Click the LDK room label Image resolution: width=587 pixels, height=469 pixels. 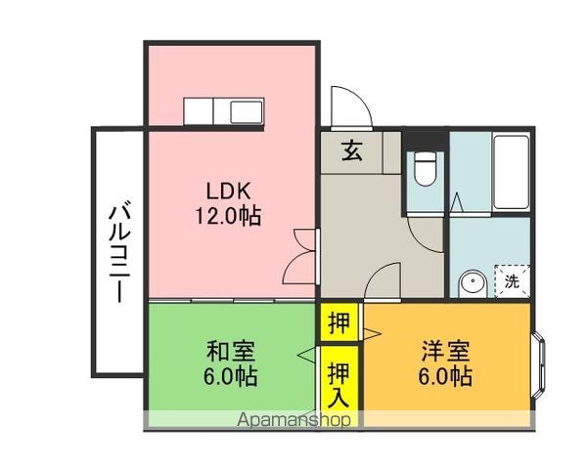click(228, 191)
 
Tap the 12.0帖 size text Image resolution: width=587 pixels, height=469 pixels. click(228, 216)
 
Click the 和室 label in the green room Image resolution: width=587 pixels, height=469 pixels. click(231, 351)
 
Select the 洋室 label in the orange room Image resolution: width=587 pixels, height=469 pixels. click(445, 351)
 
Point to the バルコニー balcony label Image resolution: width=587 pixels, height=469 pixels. click(119, 253)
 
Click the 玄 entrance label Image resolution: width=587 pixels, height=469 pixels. click(352, 150)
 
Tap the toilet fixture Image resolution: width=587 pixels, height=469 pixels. click(426, 168)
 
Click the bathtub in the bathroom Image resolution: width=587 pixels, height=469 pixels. click(512, 172)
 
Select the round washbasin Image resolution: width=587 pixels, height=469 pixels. click(473, 282)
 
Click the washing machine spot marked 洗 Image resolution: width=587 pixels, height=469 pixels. click(512, 281)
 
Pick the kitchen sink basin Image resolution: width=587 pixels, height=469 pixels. click(247, 111)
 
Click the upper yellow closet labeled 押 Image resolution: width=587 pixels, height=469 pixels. click(339, 322)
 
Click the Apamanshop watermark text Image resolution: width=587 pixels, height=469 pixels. click(294, 419)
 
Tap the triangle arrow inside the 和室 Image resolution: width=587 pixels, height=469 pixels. click(306, 354)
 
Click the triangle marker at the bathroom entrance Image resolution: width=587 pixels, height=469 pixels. click(456, 202)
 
